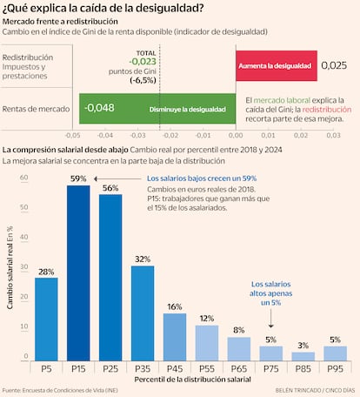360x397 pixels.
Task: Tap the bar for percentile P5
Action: pos(46,320)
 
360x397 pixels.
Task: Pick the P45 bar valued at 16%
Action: pos(174,338)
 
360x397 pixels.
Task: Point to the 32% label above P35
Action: pos(142,259)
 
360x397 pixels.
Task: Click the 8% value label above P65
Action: pos(238,330)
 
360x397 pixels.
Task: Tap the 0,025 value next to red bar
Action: pos(333,64)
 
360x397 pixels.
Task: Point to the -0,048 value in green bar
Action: pos(100,109)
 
